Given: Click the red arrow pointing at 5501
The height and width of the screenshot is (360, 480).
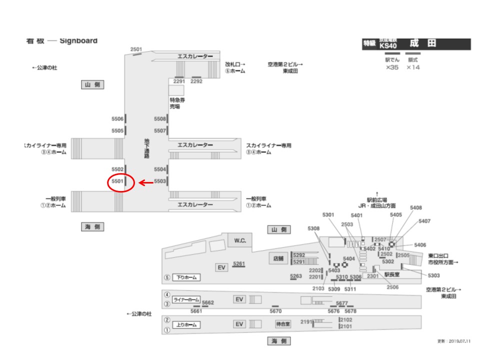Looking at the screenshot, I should coord(145,183).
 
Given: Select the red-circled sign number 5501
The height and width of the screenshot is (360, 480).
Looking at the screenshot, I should coord(117,181).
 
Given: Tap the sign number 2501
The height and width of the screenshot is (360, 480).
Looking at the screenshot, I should coord(136,49).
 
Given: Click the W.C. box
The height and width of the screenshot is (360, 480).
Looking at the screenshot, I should coord(240,240).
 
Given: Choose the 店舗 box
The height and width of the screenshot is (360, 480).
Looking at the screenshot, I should coord(278,258).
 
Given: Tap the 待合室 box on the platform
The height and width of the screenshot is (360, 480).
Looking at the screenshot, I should coord(283,324).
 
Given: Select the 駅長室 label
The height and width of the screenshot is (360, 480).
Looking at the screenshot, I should coord(392,274).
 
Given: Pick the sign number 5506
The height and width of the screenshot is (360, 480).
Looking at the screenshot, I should coord(117,119).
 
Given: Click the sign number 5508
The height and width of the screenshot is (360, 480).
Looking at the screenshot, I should coord(160,119).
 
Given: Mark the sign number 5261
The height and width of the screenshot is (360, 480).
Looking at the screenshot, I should coord(239,263).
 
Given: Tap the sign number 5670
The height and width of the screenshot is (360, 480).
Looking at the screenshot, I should coord(275,311).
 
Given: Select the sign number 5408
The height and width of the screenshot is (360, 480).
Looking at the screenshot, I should coord(416,207).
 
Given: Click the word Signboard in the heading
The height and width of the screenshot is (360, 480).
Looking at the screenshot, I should coord(78,40).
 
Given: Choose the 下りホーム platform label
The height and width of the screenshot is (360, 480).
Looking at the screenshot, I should coord(186,277).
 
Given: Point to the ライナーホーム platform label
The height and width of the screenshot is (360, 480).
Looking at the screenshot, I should coord(185,299).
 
